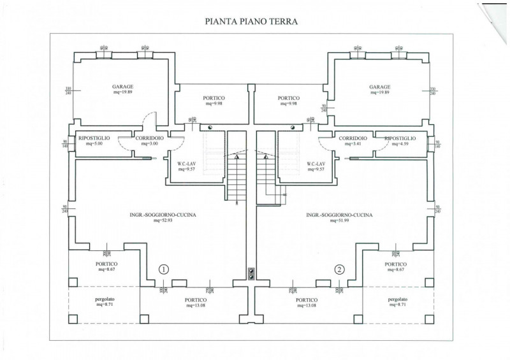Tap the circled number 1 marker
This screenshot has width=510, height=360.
(164, 270)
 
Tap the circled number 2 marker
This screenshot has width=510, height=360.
(339, 270)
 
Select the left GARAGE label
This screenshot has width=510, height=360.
(122, 87)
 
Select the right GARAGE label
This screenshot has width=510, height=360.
(379, 87)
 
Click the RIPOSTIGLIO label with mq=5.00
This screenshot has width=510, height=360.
(94, 138)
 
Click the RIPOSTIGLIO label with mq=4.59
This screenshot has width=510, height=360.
(400, 138)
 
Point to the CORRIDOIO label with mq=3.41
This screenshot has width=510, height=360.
(353, 138)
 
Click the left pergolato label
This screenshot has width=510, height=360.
(105, 299)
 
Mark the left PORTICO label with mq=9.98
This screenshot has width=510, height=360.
(214, 97)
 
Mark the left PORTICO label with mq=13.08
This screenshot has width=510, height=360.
(196, 299)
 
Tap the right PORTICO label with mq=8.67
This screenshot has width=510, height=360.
(395, 264)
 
